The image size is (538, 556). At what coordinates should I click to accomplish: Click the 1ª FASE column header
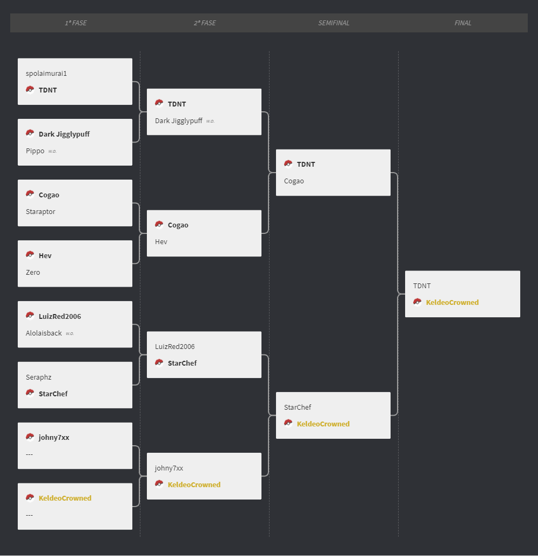pos(76,23)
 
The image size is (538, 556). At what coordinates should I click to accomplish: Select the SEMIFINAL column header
pos(334,23)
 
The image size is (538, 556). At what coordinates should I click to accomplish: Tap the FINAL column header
pos(463,23)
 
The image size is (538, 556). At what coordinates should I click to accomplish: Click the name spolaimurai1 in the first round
pos(46,74)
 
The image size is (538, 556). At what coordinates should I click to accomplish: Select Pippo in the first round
pos(35,151)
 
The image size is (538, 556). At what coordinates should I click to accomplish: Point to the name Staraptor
pos(40,212)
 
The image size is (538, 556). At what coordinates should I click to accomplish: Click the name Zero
pos(33,272)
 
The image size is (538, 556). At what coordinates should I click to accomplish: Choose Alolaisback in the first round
pos(44,333)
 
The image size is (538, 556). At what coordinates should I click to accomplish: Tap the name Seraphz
pos(38,377)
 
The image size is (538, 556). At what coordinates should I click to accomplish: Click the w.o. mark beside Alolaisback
pos(69,333)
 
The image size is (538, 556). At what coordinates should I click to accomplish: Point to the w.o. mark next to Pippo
pos(53,151)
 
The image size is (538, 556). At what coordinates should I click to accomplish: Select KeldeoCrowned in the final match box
pos(452,303)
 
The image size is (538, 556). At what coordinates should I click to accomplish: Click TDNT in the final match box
pos(422,286)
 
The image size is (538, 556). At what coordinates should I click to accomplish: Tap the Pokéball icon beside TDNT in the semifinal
pos(288,163)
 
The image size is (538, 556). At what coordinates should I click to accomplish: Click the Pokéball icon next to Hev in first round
pos(30,254)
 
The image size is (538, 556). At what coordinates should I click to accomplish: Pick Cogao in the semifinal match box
pos(294,181)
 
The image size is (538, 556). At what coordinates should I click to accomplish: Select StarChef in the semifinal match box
pos(298,408)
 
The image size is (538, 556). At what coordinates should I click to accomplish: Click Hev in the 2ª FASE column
pos(161,242)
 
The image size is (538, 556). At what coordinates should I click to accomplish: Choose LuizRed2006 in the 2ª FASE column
pos(175,346)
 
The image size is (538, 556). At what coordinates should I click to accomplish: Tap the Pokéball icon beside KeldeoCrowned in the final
pos(417,302)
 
